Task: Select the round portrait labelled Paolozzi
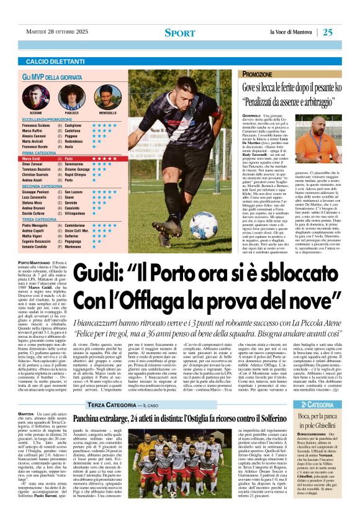coord(71,96)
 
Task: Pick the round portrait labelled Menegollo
coord(107,96)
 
